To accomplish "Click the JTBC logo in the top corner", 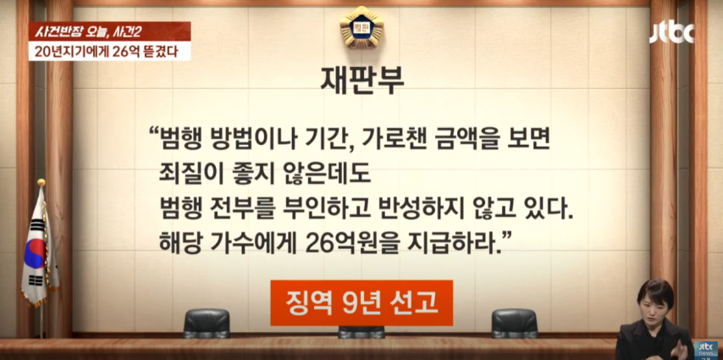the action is coord(672,33).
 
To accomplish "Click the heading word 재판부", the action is coord(362,80).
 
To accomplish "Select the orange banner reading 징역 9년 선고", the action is coord(361,302).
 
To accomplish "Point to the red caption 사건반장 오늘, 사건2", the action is coord(110,31).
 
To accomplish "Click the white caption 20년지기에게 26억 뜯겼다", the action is coord(110,52).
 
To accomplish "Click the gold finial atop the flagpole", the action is coord(41,182).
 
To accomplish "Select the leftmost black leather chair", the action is coord(207,323).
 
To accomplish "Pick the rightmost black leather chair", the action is coord(514,323).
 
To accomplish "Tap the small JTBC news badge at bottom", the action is coord(706,349).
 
